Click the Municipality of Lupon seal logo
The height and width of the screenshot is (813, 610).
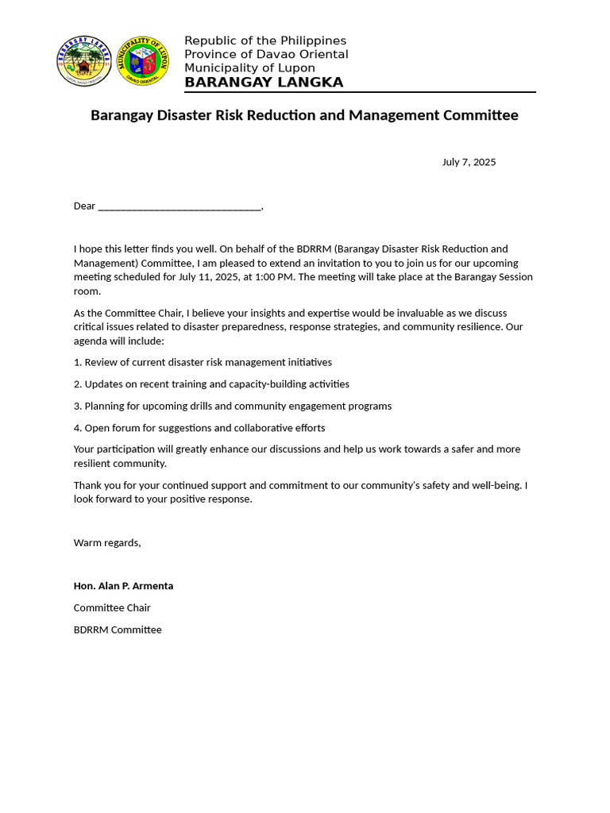[143, 61]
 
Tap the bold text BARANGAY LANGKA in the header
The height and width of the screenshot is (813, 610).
[264, 83]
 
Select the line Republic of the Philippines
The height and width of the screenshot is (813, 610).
[265, 40]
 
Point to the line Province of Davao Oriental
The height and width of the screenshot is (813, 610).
[266, 54]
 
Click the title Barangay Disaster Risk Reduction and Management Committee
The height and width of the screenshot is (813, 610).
[304, 115]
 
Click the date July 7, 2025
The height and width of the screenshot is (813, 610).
[469, 162]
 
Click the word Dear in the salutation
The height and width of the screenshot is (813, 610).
[84, 206]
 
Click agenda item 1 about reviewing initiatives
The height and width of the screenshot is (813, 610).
[203, 362]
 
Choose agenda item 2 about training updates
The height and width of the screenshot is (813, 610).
[211, 384]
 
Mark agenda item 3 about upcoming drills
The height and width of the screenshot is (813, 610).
[233, 406]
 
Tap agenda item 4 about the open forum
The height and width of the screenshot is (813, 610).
[199, 428]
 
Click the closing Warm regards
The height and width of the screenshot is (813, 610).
[107, 543]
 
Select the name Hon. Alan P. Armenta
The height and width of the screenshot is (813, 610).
[123, 586]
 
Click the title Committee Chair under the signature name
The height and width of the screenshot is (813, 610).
[112, 608]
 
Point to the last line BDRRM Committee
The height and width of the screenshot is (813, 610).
[118, 630]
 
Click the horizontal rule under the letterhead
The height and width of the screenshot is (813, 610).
[360, 93]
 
